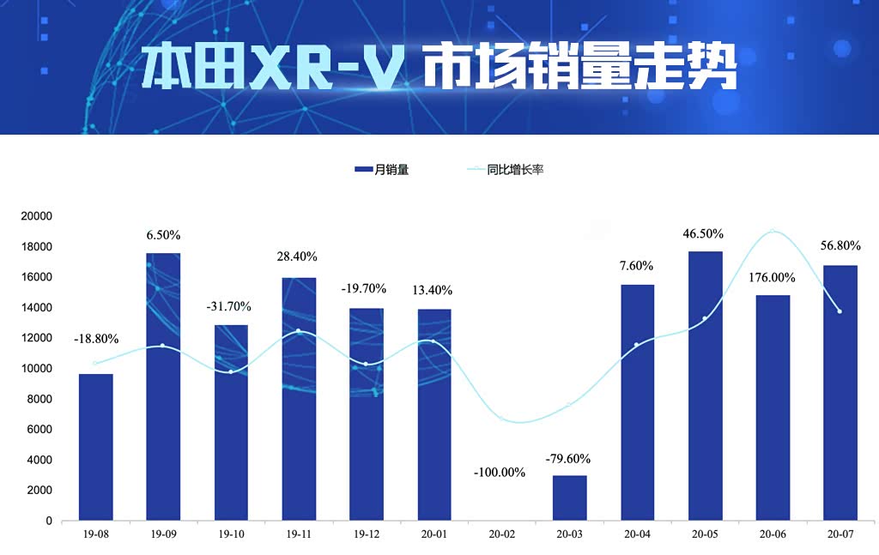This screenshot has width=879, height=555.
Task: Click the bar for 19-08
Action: (95, 447)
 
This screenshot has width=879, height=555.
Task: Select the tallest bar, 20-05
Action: (705, 386)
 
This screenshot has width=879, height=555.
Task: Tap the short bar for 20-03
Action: (569, 498)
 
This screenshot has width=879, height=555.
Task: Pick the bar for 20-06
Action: (773, 407)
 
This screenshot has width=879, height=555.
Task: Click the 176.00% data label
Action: (771, 278)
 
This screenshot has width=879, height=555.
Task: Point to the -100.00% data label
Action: (499, 472)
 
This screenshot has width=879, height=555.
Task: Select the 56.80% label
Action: (840, 245)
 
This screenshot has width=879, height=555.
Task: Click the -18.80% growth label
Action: (95, 339)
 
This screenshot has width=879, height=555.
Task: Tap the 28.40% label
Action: (297, 256)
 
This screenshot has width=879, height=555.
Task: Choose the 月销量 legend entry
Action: (381, 170)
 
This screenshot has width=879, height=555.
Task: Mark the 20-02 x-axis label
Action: (502, 534)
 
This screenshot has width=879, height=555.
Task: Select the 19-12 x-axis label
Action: (367, 534)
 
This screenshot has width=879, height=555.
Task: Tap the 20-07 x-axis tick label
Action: (840, 534)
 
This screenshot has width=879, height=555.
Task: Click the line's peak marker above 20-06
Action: (773, 231)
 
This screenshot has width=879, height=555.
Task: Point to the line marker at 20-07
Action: (840, 311)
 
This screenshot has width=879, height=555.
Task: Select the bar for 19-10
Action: (231, 422)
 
